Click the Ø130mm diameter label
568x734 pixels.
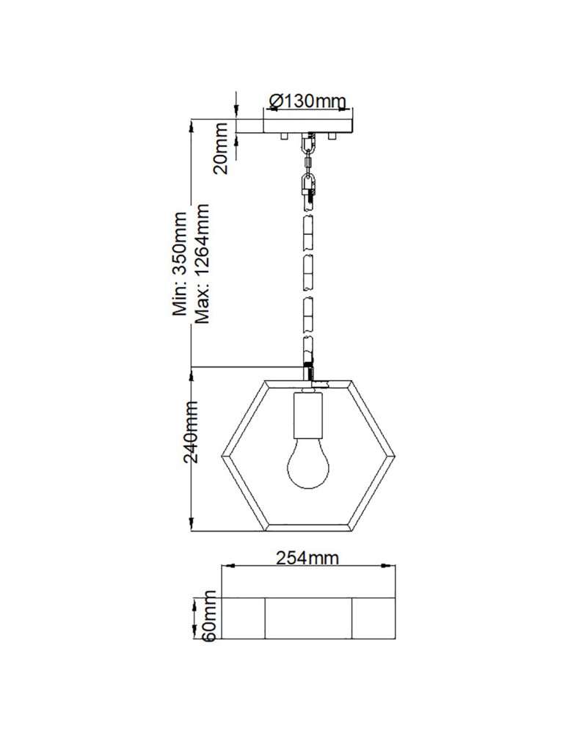point(307,101)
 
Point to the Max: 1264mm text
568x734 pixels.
point(203,264)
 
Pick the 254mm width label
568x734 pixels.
point(307,559)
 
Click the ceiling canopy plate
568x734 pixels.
point(308,126)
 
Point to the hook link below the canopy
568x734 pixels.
point(308,184)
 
